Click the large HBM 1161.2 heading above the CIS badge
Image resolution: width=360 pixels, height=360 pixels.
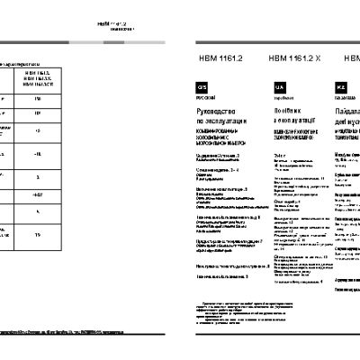(x=213, y=58)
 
